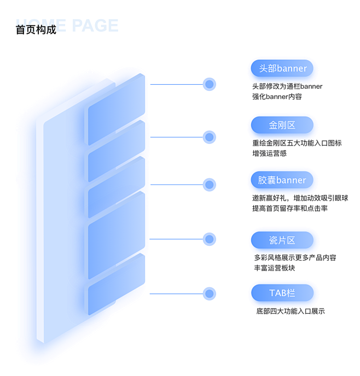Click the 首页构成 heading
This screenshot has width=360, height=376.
(36, 30)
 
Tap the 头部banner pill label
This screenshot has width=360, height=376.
(282, 68)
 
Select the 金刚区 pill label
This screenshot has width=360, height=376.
(282, 125)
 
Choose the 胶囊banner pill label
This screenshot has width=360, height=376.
(282, 180)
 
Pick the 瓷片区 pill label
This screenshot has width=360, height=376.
(282, 240)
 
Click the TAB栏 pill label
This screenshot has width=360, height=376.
(282, 293)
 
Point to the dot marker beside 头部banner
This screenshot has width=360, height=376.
(209, 84)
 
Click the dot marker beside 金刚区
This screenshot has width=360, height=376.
(209, 137)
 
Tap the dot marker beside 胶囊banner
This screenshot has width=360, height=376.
(209, 184)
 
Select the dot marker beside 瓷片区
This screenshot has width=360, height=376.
(209, 239)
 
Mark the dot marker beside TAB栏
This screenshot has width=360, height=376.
(209, 294)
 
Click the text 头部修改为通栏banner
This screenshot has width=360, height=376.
(287, 86)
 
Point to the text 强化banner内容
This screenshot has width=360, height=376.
(277, 97)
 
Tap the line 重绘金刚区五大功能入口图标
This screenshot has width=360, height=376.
(297, 143)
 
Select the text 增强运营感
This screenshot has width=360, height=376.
(269, 153)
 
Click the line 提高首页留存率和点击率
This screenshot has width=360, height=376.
(290, 209)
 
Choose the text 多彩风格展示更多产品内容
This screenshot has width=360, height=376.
(295, 258)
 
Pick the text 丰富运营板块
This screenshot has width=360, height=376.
(275, 268)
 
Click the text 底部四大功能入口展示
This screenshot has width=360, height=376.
(291, 311)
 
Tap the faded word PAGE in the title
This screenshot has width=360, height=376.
(95, 25)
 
